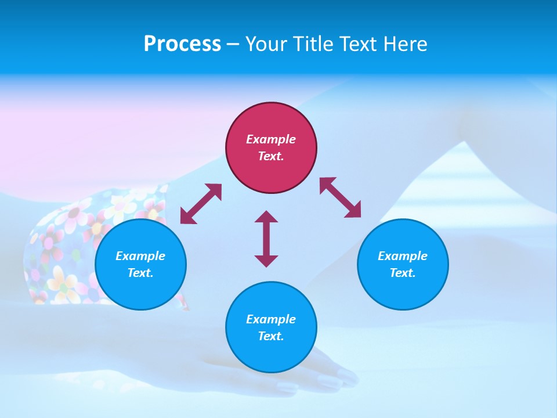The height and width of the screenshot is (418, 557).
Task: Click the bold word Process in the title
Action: tap(182, 44)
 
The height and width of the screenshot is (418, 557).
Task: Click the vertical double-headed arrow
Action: tap(266, 239)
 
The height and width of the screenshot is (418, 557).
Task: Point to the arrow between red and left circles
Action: tap(201, 204)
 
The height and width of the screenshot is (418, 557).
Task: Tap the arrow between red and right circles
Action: tap(341, 197)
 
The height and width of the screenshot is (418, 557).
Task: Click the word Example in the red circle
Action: tap(271, 139)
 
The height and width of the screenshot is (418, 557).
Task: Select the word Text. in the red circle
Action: tap(271, 156)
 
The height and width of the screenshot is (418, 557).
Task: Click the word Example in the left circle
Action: tap(140, 256)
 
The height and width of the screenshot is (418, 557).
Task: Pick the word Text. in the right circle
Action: tap(403, 273)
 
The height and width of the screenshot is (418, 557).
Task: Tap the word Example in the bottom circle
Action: tap(271, 319)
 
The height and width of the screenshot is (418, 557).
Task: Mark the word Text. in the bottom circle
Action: tap(271, 336)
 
